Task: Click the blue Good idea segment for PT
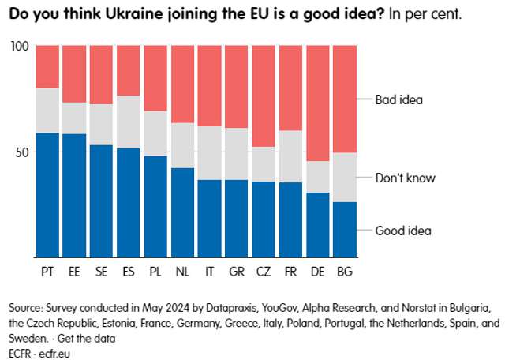click(x=47, y=195)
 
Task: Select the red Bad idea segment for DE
click(x=316, y=103)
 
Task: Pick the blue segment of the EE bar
click(x=74, y=196)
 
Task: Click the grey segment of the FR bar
click(x=290, y=156)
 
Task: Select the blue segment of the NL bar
click(x=182, y=212)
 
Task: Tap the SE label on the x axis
click(x=101, y=272)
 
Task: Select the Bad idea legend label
click(x=399, y=100)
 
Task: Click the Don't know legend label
click(x=405, y=178)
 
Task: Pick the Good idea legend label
click(x=403, y=231)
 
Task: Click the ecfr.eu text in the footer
click(x=56, y=353)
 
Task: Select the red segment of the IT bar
click(x=209, y=86)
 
